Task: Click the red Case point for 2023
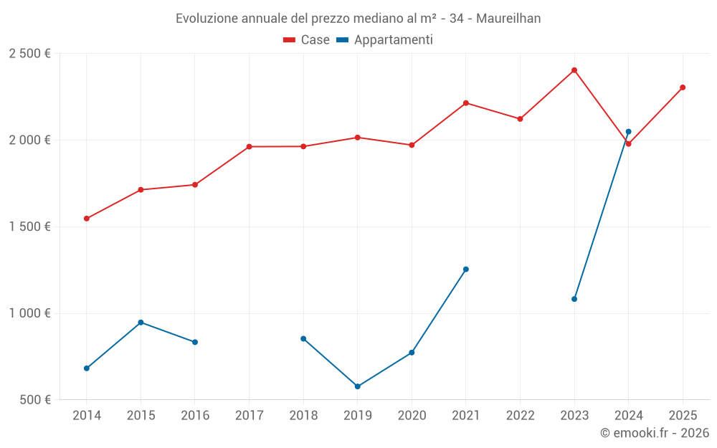(574, 70)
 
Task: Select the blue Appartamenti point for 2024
(629, 132)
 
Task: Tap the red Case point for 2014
(87, 219)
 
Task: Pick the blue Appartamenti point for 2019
(358, 386)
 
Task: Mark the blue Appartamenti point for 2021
(466, 270)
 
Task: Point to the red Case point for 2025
(683, 87)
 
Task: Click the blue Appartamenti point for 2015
(141, 323)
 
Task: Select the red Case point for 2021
(466, 103)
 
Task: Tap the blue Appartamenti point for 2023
(574, 299)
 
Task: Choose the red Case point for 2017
(249, 147)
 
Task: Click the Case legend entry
(307, 40)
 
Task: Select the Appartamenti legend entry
(385, 40)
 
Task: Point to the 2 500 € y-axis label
(29, 54)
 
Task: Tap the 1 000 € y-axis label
(29, 313)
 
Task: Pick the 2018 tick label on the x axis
(303, 416)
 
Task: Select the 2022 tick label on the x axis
(520, 416)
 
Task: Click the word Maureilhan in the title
(508, 19)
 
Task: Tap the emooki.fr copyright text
(654, 433)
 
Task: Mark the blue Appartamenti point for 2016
(195, 342)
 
